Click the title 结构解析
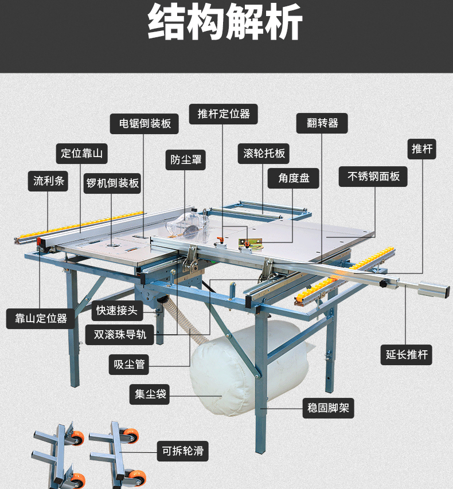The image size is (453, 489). [225, 22]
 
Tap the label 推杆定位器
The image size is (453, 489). [224, 114]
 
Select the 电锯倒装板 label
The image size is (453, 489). [145, 124]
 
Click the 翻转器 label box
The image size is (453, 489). [322, 123]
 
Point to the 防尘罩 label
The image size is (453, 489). [186, 160]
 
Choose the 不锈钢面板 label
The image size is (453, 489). [373, 177]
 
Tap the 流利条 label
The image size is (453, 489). [48, 181]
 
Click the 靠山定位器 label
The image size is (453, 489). [41, 319]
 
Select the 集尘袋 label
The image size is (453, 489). [150, 394]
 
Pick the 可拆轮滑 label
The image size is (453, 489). [183, 451]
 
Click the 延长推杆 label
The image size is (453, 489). [406, 355]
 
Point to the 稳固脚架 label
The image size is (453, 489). [328, 408]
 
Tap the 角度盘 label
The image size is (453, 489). [293, 178]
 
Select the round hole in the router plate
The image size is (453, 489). [111, 245]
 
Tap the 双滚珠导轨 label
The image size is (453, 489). [120, 335]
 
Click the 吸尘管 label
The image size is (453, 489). [129, 365]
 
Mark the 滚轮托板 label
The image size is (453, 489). [264, 154]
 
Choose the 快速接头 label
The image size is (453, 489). [118, 311]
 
